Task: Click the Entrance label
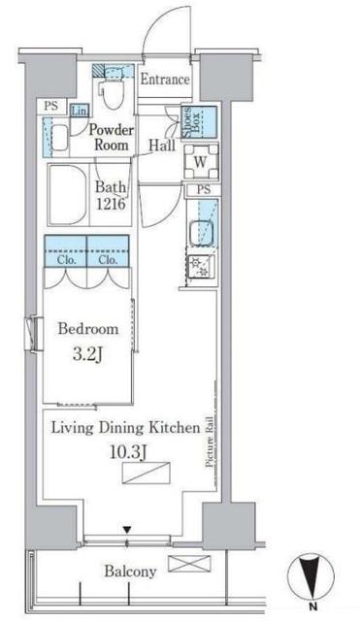click(165, 80)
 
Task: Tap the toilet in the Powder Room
click(111, 89)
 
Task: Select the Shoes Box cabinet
click(199, 121)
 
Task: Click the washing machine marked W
click(201, 162)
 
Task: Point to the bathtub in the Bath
click(67, 194)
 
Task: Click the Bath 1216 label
click(111, 195)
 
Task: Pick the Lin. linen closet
click(80, 111)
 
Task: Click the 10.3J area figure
click(126, 452)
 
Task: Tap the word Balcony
click(130, 572)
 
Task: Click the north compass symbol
click(311, 578)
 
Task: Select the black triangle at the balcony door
click(127, 529)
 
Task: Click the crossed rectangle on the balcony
click(189, 564)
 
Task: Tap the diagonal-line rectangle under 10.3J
click(147, 473)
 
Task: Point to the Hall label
click(162, 145)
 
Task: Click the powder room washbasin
click(59, 138)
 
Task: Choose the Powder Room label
click(112, 137)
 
